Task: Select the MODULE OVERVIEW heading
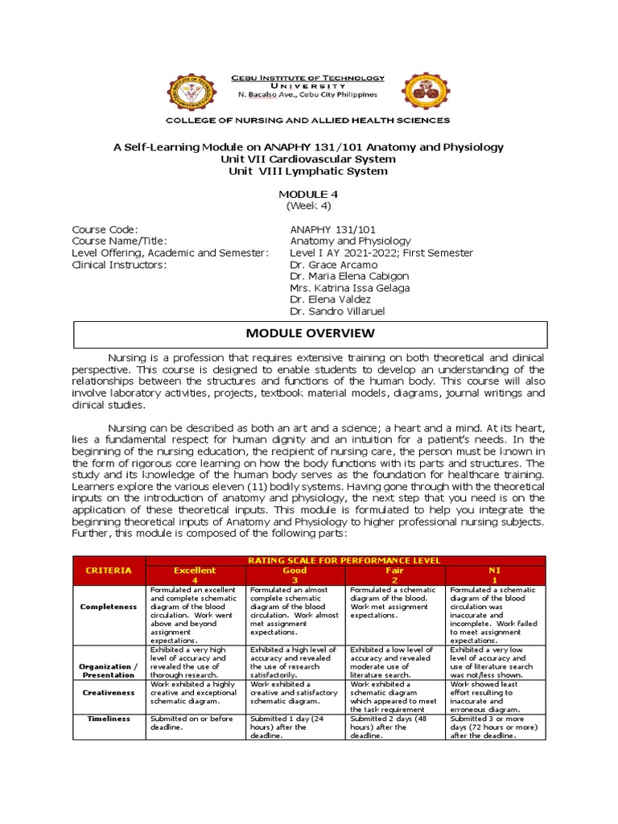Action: (309, 332)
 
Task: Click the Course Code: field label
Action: (105, 229)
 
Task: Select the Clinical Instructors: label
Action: (119, 264)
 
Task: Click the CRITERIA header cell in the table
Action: (108, 570)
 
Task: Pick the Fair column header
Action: (394, 570)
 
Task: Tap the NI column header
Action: (495, 570)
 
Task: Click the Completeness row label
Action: (108, 607)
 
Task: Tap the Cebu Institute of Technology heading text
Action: (308, 78)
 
